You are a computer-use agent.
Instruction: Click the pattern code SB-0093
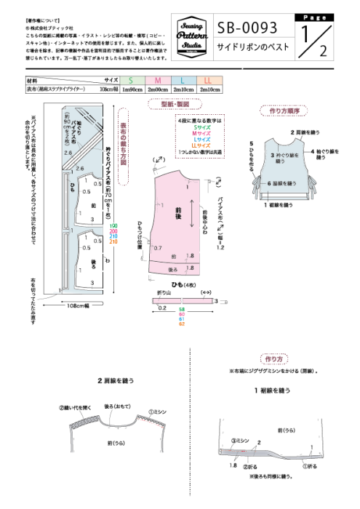point(248,28)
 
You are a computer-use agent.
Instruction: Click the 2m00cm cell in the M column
point(157,89)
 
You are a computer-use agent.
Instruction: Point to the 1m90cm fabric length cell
point(131,89)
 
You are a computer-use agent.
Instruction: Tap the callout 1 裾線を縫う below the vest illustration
point(278,206)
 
